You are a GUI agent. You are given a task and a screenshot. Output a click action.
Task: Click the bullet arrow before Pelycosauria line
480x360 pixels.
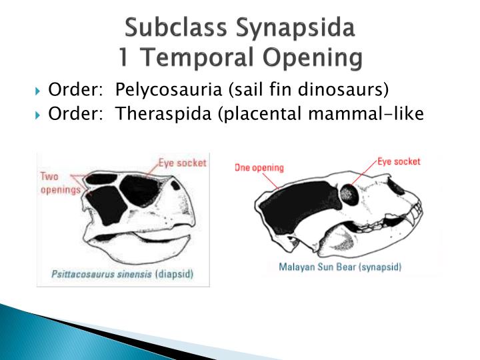click(x=38, y=91)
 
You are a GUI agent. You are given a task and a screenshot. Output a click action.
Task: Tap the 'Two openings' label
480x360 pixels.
click(x=58, y=183)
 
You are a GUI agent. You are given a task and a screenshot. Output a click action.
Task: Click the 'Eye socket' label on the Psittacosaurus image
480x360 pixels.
click(x=182, y=162)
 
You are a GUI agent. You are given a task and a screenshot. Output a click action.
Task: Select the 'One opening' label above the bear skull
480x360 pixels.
click(x=259, y=168)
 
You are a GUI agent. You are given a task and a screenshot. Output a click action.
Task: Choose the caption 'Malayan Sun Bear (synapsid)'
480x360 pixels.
click(x=339, y=267)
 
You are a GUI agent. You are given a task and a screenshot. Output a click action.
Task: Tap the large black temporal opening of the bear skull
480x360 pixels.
click(x=300, y=203)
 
